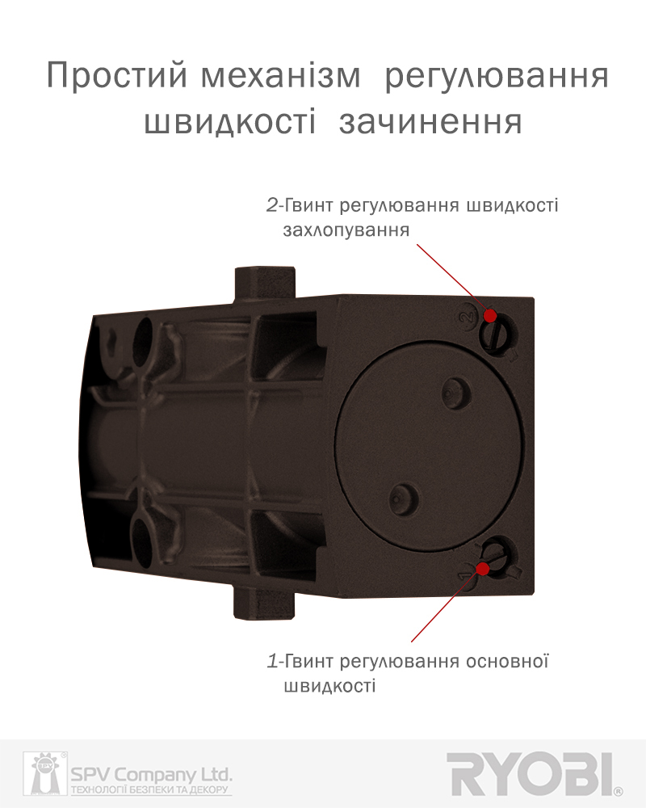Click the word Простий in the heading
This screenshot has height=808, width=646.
(x=116, y=75)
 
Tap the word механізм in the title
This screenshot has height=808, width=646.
(x=280, y=76)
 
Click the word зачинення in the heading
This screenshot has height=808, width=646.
(x=430, y=123)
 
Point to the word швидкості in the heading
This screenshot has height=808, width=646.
(x=230, y=123)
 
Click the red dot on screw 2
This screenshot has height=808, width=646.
(x=490, y=314)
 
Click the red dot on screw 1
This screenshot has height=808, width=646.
(x=483, y=568)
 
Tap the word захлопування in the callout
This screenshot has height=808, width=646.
(x=346, y=229)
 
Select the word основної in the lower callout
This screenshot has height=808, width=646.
(x=507, y=660)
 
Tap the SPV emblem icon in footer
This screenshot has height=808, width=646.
(x=45, y=773)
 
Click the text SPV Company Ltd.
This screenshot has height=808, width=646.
(x=152, y=775)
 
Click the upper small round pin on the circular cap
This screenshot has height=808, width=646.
(x=457, y=393)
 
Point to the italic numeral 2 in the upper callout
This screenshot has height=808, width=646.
(x=271, y=205)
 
